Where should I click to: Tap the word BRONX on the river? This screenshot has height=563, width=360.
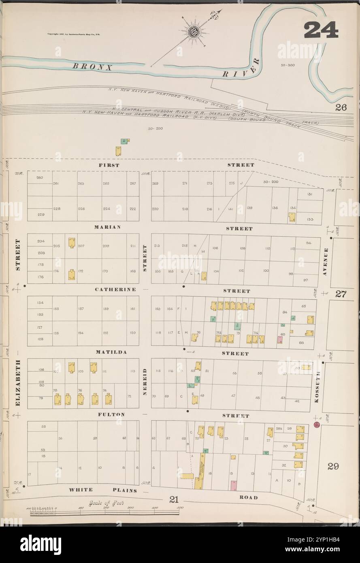coord(92,67)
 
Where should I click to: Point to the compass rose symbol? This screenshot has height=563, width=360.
coord(194,32)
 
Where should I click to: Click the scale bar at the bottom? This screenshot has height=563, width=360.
coord(104,512)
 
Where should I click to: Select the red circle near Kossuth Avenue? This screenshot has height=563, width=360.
coord(317,424)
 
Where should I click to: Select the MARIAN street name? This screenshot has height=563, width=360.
coord(107,227)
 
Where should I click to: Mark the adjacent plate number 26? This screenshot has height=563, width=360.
coord(341,108)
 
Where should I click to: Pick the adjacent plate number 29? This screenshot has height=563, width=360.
coord(333,466)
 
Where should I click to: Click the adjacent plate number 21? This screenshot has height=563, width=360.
coord(174,499)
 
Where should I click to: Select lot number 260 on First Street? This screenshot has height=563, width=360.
coord(39,178)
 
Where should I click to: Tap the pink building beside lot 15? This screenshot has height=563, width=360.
coord(233,485)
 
